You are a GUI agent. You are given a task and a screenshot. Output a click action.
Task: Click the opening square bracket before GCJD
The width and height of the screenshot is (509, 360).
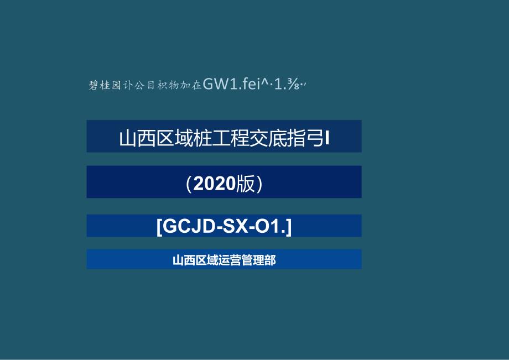pos(159,226)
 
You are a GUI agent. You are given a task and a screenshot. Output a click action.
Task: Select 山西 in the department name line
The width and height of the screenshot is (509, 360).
pos(183,260)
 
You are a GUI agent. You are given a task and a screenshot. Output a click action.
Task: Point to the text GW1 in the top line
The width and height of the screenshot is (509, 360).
pos(219,84)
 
